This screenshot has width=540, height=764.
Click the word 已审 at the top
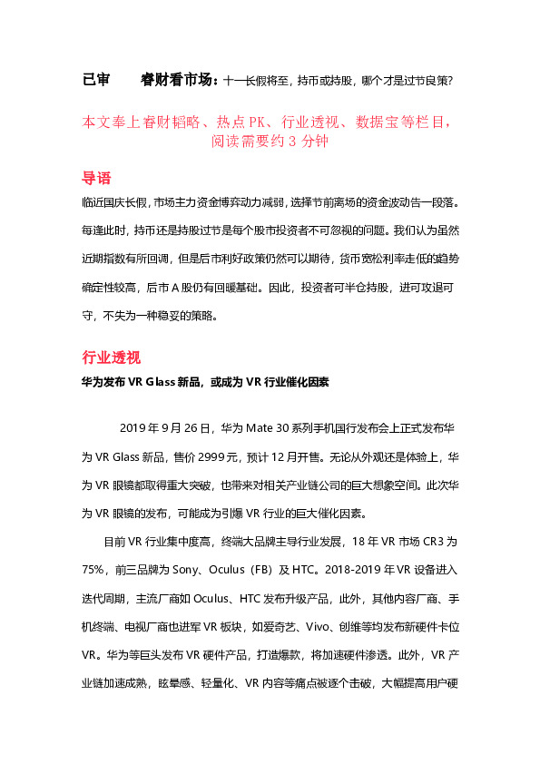tap(95, 81)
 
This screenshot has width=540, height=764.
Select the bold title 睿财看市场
tap(179, 81)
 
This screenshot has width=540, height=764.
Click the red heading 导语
tap(96, 178)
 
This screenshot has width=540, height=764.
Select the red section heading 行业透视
tap(111, 357)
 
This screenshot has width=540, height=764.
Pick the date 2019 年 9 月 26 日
tap(165, 427)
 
